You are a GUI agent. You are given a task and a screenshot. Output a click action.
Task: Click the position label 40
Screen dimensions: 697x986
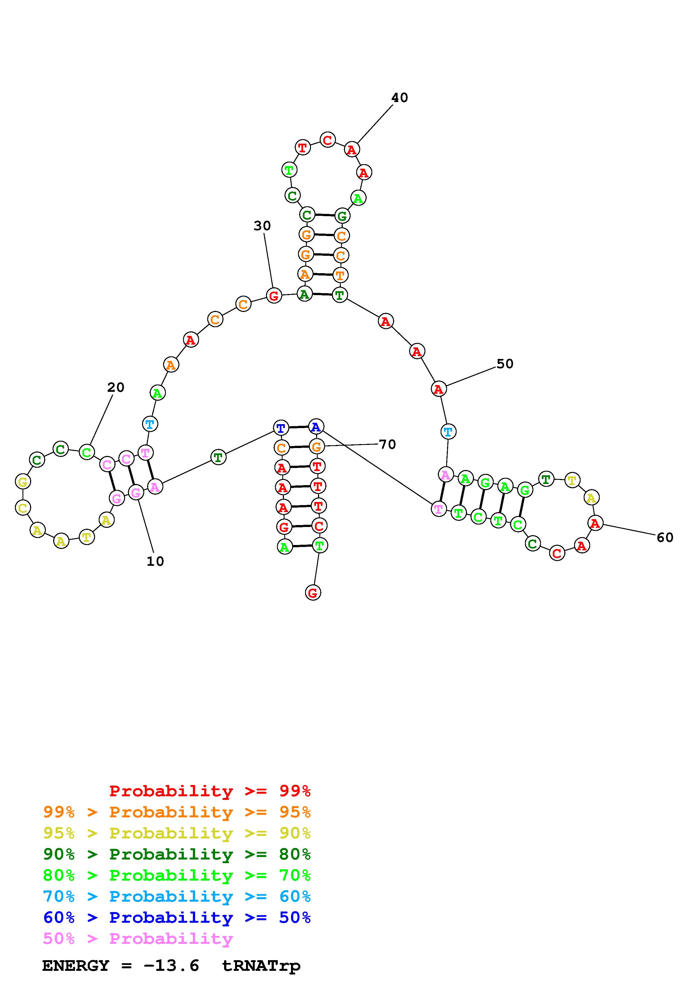[x=399, y=98]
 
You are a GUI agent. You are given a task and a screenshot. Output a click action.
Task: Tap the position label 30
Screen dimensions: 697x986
[x=262, y=226]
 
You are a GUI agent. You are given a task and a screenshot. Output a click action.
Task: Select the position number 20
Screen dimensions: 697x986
[x=116, y=387]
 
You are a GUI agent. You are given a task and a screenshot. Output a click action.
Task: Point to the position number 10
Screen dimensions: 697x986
[x=155, y=561]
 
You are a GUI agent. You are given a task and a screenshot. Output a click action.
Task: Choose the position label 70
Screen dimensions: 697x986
[x=387, y=444]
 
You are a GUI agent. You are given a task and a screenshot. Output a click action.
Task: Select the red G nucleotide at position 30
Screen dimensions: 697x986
[x=274, y=295]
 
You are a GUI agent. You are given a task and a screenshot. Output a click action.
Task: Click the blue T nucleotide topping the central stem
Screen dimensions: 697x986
[x=280, y=428]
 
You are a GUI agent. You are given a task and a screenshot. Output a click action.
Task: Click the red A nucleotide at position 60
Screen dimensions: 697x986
[x=595, y=523]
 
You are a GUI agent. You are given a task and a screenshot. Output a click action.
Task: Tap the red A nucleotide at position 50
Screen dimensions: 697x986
[x=438, y=389]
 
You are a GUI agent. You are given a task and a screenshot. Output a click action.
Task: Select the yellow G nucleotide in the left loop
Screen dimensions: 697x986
[x=23, y=481]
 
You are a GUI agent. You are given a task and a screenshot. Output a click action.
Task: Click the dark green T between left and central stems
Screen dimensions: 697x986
[x=218, y=457]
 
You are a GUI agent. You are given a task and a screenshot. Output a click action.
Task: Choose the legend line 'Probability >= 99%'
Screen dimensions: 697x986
[x=210, y=791]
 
